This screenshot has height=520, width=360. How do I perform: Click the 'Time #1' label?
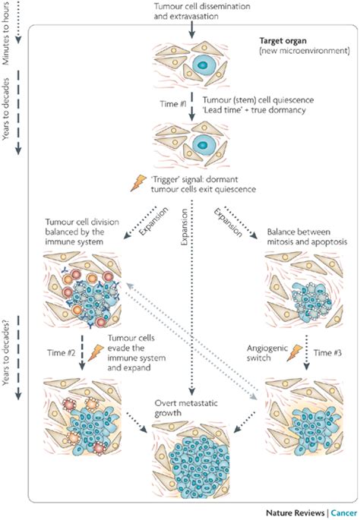[173, 104]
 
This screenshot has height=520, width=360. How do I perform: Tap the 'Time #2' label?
[62, 352]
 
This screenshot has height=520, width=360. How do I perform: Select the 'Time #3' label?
[327, 352]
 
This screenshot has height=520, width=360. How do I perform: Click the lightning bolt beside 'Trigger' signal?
[138, 183]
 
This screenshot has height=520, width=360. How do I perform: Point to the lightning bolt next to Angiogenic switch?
[295, 352]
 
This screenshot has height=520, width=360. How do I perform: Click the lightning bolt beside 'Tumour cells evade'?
[96, 352]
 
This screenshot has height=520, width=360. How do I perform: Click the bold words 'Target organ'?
[283, 41]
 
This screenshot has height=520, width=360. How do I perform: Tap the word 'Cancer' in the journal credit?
[344, 512]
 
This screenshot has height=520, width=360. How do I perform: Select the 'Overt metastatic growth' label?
[186, 408]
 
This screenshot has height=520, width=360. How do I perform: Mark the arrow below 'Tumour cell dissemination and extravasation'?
[192, 30]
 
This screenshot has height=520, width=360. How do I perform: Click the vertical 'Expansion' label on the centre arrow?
[185, 227]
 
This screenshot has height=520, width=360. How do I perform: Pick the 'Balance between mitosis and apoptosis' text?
[307, 236]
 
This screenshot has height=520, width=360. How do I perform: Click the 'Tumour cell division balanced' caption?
[82, 232]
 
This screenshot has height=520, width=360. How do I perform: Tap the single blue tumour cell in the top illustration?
[202, 65]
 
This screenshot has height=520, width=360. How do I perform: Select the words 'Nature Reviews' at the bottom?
[295, 512]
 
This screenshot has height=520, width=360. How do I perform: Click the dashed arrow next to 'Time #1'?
[192, 108]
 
